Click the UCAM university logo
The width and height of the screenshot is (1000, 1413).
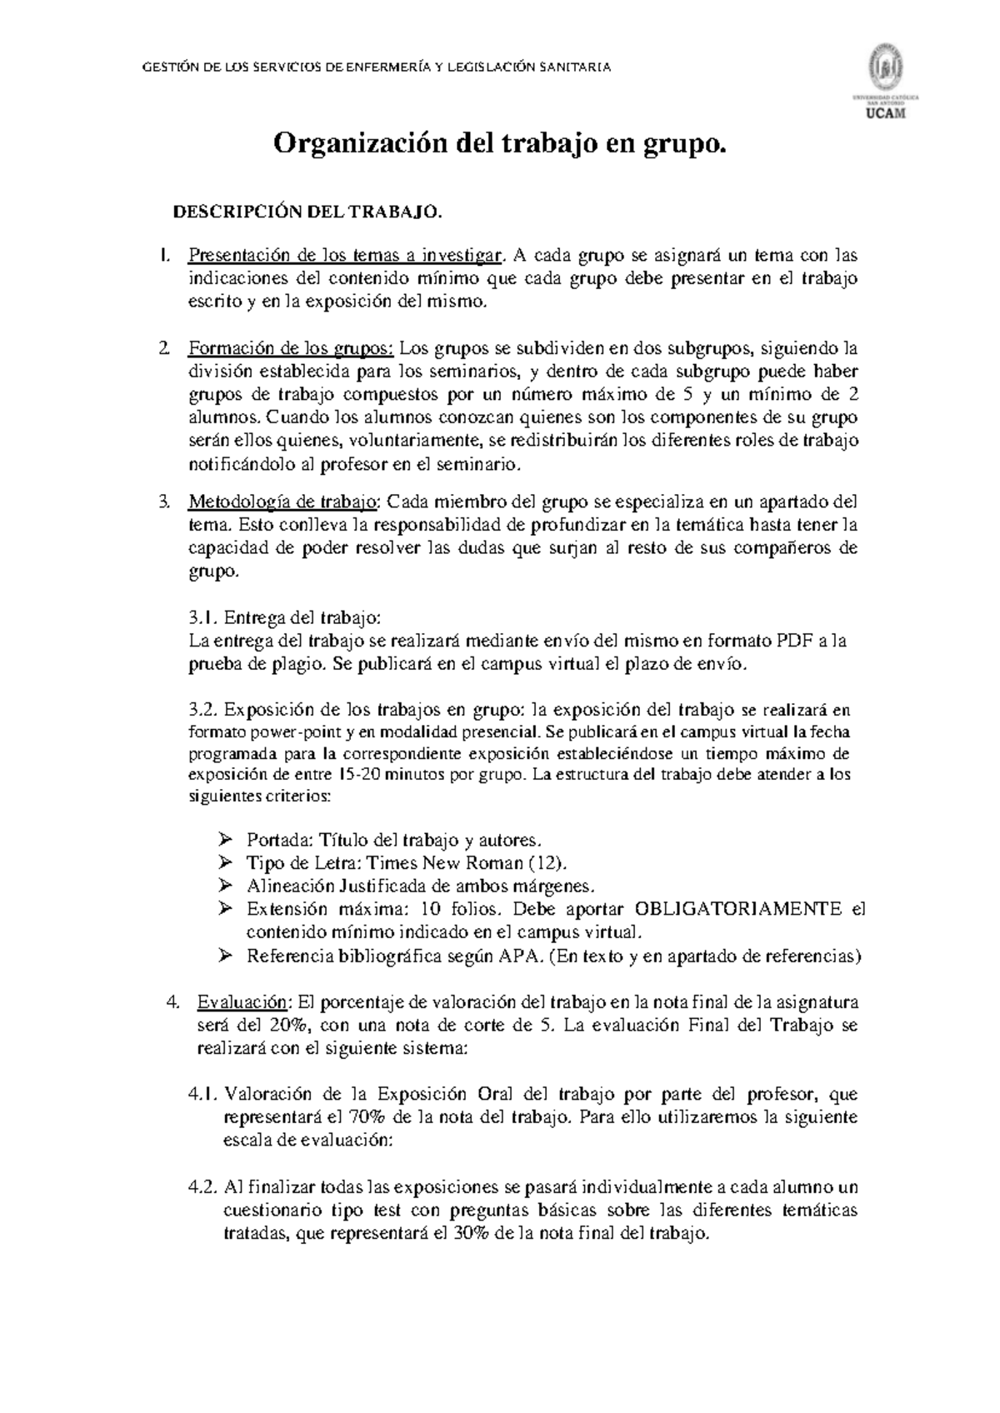tap(890, 82)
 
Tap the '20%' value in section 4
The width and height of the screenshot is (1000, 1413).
tap(289, 1025)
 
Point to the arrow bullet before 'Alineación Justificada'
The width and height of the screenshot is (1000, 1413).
tap(224, 886)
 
